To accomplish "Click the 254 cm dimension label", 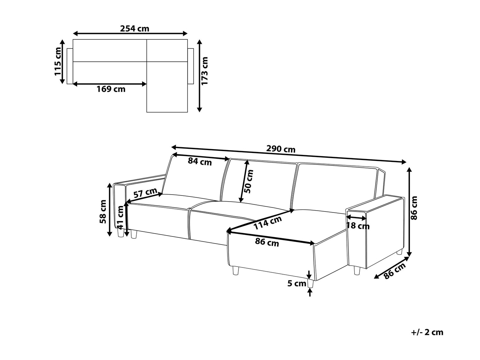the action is pyautogui.click(x=134, y=28).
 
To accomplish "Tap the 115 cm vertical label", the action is pyautogui.click(x=58, y=61).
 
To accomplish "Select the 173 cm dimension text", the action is pyautogui.click(x=204, y=71).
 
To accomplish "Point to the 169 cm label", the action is pyautogui.click(x=111, y=89).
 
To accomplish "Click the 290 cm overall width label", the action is pyautogui.click(x=281, y=149).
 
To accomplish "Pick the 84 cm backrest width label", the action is pyautogui.click(x=200, y=162).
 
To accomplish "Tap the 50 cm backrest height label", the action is pyautogui.click(x=249, y=181).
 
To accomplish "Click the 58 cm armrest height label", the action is pyautogui.click(x=103, y=212).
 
